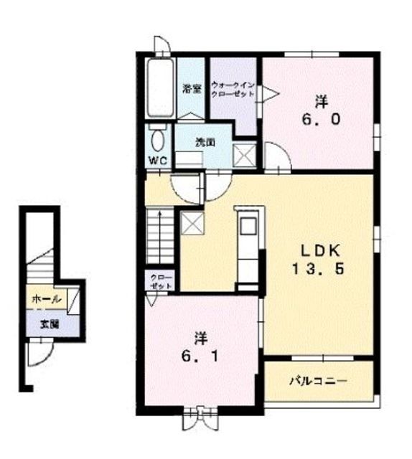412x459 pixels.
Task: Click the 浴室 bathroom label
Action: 192,89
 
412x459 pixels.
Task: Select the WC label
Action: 157,161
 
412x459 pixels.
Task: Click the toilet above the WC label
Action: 157,138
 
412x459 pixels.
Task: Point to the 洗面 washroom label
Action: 206,142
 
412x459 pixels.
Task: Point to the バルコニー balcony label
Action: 318,381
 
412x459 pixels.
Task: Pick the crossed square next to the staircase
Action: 192,224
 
